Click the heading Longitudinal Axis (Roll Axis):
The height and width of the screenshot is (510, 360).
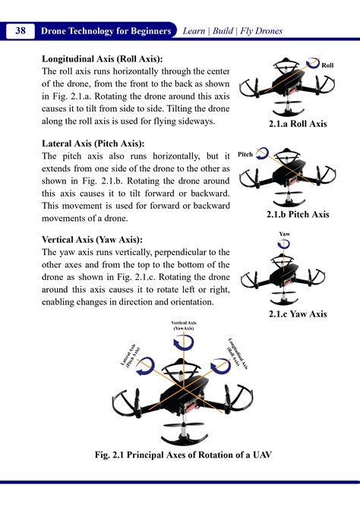[103, 58]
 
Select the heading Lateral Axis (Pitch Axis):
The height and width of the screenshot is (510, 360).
[93, 143]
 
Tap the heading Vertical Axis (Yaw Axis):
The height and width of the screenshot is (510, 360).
[92, 239]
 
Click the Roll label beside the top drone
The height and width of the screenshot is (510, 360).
[327, 67]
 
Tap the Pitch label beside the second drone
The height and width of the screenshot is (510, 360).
[245, 154]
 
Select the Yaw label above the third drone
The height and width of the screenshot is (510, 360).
[285, 234]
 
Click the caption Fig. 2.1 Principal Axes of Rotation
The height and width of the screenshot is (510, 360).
[180, 455]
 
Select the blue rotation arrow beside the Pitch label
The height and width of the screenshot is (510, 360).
[263, 155]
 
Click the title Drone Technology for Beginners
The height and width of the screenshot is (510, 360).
[107, 31]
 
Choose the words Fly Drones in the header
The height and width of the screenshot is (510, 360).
[261, 31]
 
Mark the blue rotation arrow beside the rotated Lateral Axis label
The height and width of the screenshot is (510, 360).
[149, 367]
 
